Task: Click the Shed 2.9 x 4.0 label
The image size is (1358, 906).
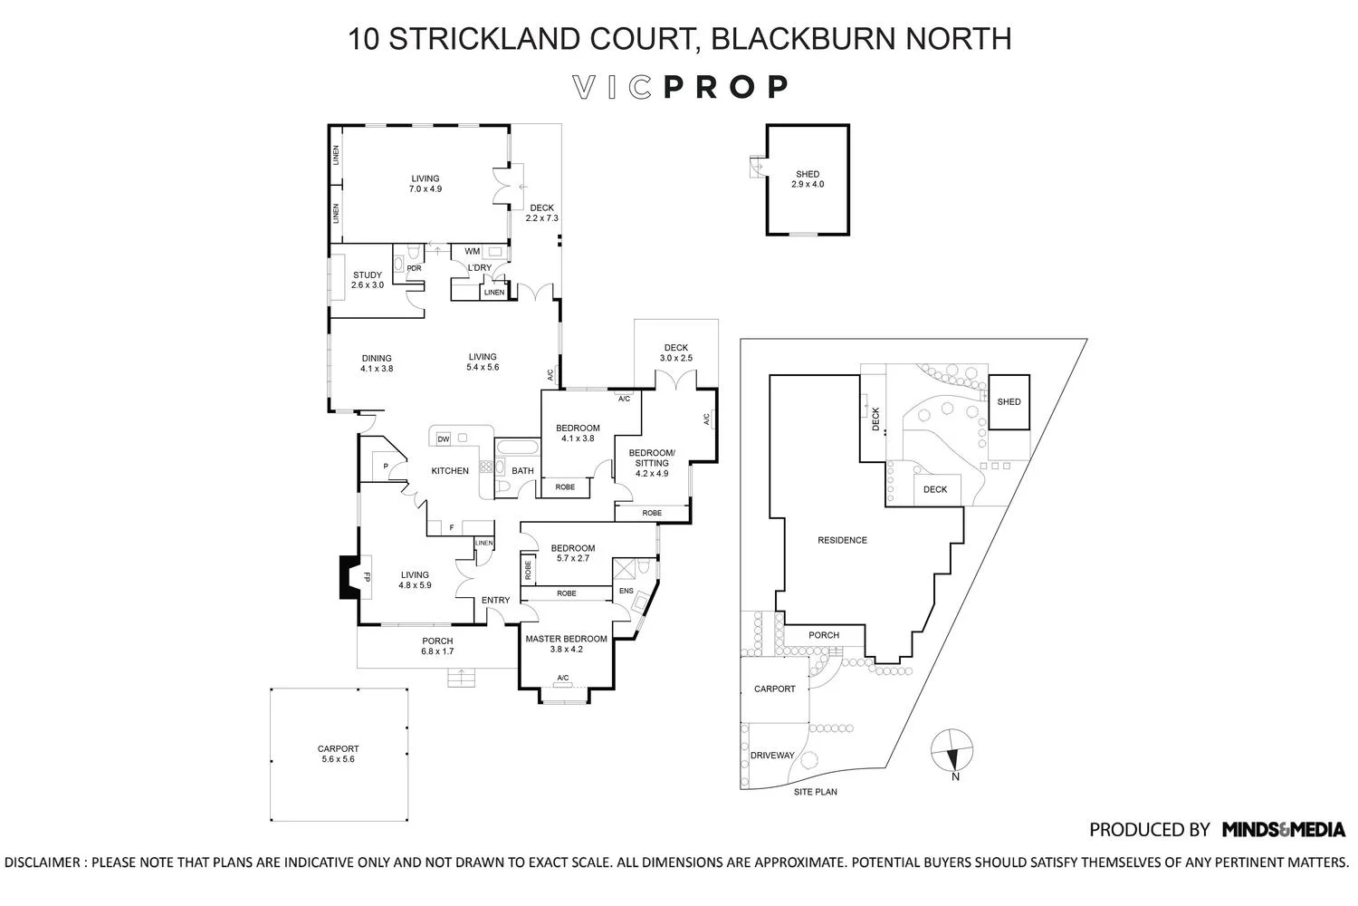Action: coord(808,179)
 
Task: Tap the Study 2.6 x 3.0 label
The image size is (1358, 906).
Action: coord(368,280)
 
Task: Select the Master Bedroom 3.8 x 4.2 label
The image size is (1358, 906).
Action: coord(566,643)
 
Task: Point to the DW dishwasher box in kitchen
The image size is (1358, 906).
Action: coord(444,439)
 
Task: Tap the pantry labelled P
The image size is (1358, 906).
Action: coord(386,467)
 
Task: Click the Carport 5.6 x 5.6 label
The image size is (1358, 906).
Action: coord(338,754)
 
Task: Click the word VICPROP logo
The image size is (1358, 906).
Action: coord(681,87)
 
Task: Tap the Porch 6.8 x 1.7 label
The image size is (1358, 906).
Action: coord(437,646)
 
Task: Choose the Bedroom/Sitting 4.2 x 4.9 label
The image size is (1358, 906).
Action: coord(652,462)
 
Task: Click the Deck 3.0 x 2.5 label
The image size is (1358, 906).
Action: coord(676,352)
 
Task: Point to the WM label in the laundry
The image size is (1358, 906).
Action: coord(472,251)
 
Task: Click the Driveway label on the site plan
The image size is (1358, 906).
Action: coord(772,756)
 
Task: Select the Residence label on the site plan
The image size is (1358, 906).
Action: coord(842,540)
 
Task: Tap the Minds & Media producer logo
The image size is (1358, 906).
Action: coord(1283,829)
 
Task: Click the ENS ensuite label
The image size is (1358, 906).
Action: coord(626,592)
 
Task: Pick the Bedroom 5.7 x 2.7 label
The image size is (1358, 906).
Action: coord(572,553)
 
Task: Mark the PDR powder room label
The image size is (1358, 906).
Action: coord(414,268)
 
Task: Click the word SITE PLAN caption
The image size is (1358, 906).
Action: coord(815,792)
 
